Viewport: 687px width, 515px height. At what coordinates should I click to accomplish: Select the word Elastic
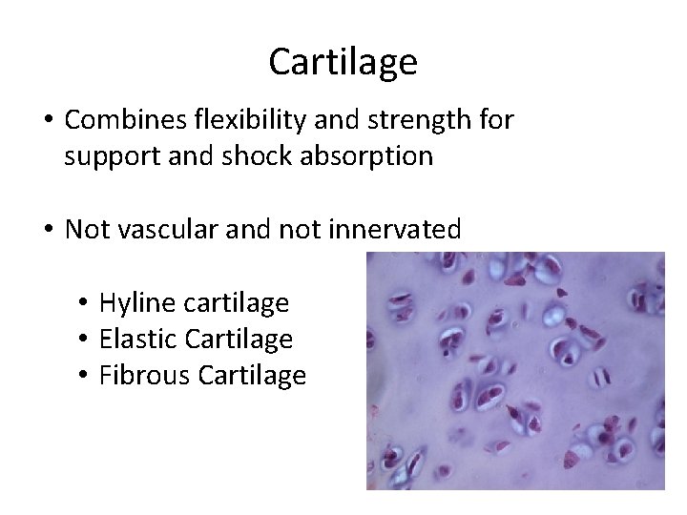tap(134, 340)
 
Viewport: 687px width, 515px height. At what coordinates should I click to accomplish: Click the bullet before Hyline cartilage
tap(85, 304)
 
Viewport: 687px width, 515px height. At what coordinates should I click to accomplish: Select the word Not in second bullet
tap(87, 230)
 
